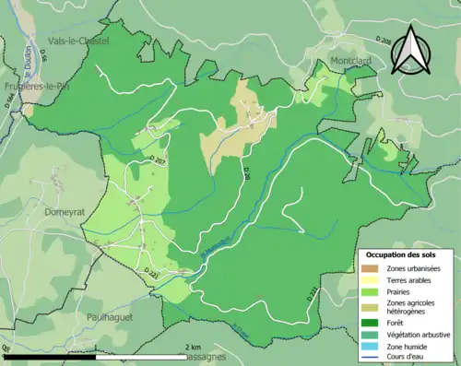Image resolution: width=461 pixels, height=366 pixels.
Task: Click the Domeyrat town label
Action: point(64,211)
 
